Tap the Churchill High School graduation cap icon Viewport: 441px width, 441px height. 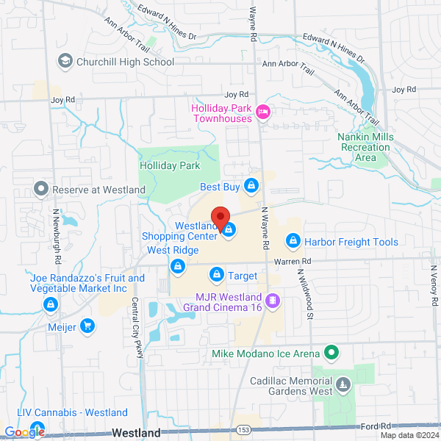pyautogui.click(x=65, y=61)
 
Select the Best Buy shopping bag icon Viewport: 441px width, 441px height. pyautogui.click(x=251, y=186)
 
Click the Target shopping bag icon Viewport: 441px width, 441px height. pyautogui.click(x=217, y=276)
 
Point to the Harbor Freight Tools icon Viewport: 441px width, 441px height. pyautogui.click(x=293, y=241)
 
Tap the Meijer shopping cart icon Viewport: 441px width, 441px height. pyautogui.click(x=87, y=326)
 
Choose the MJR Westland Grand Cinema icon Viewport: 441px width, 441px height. pyautogui.click(x=273, y=300)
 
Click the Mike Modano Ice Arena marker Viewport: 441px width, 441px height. pyautogui.click(x=331, y=354)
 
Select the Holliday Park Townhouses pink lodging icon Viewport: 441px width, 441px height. pyautogui.click(x=263, y=112)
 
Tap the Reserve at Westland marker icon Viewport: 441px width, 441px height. pyautogui.click(x=41, y=190)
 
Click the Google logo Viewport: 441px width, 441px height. pyautogui.click(x=24, y=432)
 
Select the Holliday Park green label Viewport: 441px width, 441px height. pyautogui.click(x=170, y=166)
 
